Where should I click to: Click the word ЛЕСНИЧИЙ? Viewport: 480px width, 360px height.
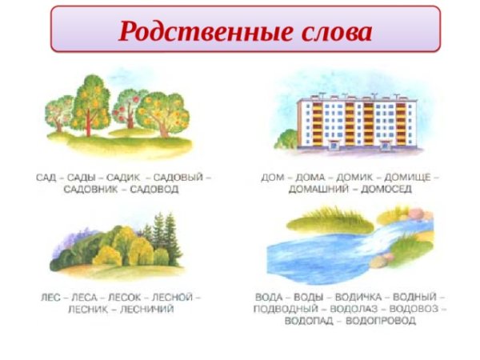[x=147, y=309]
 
